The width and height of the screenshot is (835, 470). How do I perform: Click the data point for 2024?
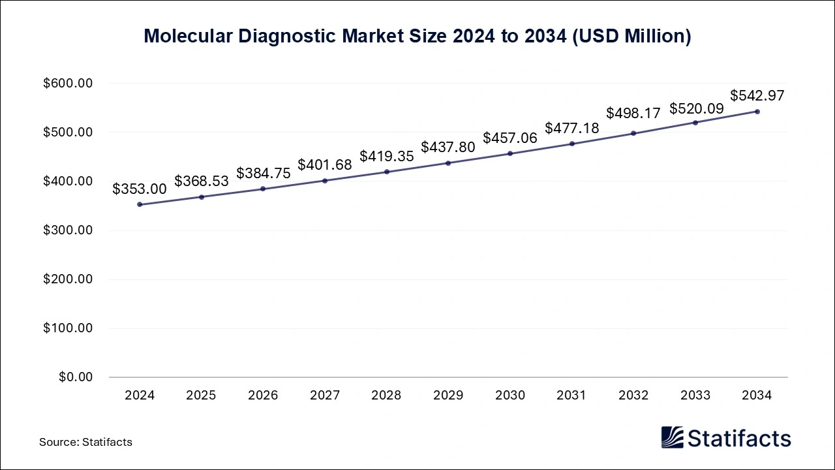pos(140,204)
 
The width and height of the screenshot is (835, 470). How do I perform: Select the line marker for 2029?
pos(448,163)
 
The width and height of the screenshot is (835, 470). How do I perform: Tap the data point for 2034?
pos(757,112)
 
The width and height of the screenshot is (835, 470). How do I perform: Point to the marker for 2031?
pos(572,144)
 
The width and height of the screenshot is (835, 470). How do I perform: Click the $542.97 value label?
pos(757,95)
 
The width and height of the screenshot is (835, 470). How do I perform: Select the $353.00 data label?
pos(140,189)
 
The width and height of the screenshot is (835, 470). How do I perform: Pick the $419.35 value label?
pos(386,157)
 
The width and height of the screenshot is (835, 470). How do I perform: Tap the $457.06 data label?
pos(510,138)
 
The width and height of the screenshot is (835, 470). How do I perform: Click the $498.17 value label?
pos(633,113)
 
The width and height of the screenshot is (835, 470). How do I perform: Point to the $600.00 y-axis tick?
pos(68,84)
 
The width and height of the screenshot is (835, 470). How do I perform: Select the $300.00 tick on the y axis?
pos(68,230)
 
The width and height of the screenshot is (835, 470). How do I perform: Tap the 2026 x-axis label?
pos(263,396)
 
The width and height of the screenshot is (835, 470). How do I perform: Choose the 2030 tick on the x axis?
pos(510,396)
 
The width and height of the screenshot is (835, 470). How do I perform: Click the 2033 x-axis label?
pos(695,396)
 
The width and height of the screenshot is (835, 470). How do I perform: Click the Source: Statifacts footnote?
pos(85,442)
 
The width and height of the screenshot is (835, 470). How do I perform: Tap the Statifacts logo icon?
pos(672,437)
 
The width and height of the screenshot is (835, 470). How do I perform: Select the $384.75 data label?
pos(263,173)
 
